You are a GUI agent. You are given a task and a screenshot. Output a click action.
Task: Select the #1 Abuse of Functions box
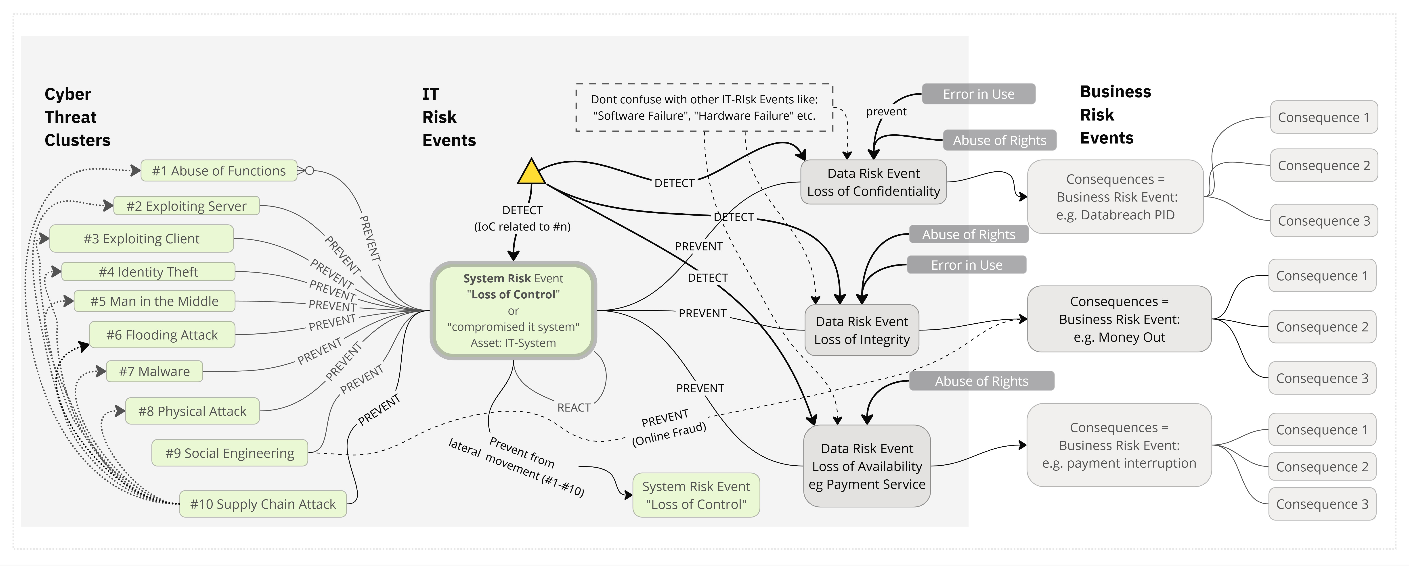219,171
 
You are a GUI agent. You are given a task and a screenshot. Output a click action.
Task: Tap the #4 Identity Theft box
148,272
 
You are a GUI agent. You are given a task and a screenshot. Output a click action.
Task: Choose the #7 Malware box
154,372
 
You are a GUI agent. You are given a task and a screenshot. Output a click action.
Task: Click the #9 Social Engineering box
230,453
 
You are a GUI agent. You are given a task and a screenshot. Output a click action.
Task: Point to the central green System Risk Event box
513,310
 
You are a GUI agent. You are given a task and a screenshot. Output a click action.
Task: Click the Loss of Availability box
867,466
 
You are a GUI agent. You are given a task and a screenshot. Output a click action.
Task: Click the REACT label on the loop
574,408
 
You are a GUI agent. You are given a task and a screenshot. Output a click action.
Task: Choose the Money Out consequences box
1119,319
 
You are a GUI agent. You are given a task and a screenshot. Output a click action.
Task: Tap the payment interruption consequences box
1119,445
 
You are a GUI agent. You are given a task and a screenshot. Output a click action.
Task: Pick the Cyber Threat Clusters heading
77,117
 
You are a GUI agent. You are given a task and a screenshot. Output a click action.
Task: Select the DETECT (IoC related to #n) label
522,218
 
